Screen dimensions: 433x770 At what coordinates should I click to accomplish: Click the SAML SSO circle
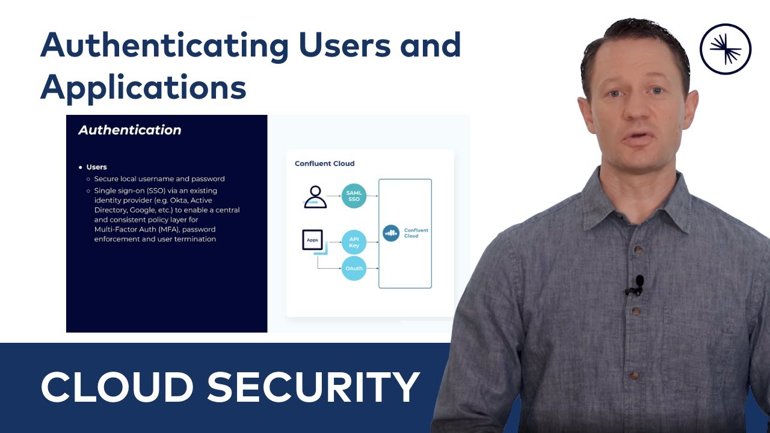[x=354, y=196]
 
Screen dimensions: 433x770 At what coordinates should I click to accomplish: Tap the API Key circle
[x=354, y=242]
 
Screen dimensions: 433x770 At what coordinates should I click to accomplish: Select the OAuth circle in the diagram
[x=354, y=268]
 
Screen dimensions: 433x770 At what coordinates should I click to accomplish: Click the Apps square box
[x=312, y=240]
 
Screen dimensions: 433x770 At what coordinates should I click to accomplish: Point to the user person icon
[x=315, y=197]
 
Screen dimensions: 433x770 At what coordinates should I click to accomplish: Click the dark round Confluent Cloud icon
[x=391, y=233]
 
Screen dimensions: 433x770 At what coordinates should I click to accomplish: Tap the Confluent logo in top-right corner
[x=725, y=49]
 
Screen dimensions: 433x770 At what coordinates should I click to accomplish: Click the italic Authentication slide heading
[x=130, y=130]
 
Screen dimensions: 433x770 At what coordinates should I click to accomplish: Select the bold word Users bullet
[x=96, y=167]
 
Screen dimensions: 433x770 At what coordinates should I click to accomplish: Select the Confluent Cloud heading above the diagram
[x=324, y=164]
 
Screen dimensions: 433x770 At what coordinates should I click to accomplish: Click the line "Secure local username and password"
[x=159, y=179]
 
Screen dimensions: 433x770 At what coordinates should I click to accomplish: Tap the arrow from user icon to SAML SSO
[x=334, y=196]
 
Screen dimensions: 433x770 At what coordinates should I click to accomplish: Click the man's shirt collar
[x=602, y=198]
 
